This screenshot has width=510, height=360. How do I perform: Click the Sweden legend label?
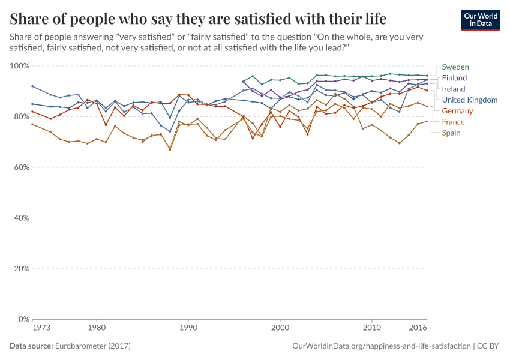tap(455, 67)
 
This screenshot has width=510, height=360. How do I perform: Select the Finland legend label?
tap(454, 78)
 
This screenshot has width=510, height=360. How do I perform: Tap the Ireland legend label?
tap(454, 89)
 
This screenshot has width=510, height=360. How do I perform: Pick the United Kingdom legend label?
tap(469, 100)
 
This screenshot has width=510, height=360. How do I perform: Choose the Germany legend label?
tap(457, 111)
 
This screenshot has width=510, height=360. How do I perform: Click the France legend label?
tap(453, 122)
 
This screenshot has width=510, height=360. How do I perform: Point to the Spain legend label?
tap(451, 133)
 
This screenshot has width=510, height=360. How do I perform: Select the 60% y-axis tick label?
tap(21, 167)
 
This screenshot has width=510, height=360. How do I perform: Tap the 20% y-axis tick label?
tap(21, 269)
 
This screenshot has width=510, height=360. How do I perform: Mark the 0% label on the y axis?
tap(23, 319)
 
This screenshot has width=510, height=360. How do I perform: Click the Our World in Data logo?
tap(481, 20)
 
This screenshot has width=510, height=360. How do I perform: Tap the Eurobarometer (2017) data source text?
tap(93, 346)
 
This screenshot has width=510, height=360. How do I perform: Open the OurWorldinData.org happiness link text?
tap(382, 346)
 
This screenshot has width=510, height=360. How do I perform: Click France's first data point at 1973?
tap(32, 124)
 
